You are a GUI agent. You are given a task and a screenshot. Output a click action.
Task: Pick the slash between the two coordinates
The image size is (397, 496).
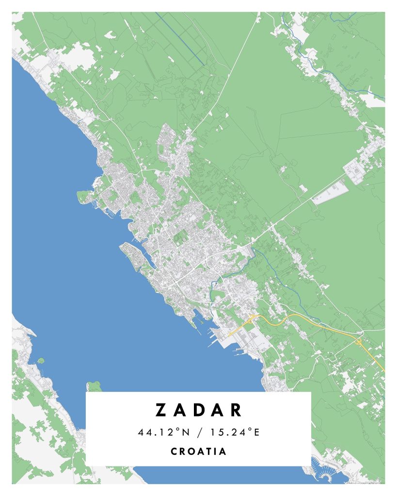tap(199, 432)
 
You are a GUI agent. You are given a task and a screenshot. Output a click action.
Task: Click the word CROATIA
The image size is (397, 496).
tap(199, 451)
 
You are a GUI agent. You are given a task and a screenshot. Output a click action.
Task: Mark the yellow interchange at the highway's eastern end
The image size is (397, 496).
tap(359, 341)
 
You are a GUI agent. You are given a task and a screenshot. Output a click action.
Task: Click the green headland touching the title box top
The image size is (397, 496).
tap(94, 386)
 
